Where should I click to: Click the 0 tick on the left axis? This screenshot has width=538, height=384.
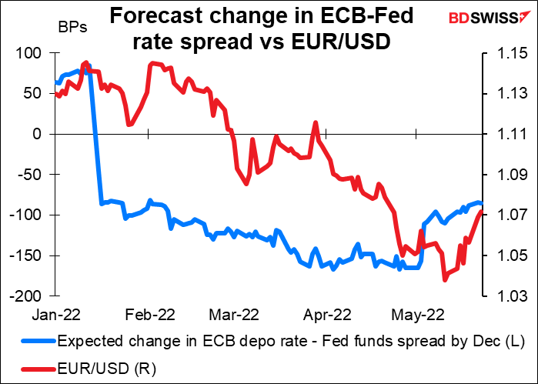[42, 134]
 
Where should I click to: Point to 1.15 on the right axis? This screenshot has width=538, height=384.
[503, 53]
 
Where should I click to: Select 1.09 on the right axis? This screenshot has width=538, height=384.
[503, 175]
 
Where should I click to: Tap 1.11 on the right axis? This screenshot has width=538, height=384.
[503, 134]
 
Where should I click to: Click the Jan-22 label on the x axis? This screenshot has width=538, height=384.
[53, 314]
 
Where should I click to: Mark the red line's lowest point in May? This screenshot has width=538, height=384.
[445, 279]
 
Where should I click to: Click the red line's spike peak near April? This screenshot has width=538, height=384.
[315, 122]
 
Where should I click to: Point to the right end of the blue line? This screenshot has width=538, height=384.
[481, 203]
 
